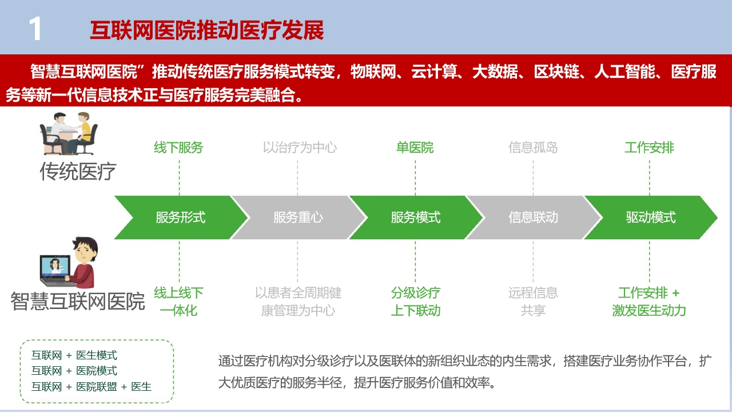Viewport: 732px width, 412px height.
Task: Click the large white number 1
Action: coord(35,29)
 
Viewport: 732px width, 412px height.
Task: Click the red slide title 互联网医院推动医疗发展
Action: coord(207,30)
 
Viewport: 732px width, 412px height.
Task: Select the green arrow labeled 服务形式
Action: coord(181,217)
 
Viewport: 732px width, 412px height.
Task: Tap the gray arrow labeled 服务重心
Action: coord(298,217)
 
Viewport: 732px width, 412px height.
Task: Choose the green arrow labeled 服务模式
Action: coord(416,217)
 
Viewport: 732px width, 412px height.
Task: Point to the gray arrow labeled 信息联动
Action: coord(534,217)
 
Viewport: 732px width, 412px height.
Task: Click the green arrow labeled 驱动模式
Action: coord(651,217)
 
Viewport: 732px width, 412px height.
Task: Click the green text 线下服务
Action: coord(179,148)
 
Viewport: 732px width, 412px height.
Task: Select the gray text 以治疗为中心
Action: coord(300,148)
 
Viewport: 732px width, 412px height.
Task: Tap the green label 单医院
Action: coord(415,148)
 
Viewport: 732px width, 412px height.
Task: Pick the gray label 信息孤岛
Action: coord(533,148)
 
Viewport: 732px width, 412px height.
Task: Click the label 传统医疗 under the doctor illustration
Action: coord(78,171)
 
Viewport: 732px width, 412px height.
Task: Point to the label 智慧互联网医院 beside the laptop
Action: coord(78,301)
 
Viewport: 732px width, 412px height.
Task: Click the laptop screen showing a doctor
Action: coord(55,266)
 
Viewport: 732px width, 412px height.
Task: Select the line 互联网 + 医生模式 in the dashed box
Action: coord(74,355)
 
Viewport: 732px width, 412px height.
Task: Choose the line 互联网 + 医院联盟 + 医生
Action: coord(91,386)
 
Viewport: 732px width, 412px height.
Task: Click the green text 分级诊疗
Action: coord(416,292)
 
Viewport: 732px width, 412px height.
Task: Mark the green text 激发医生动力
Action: coord(649,310)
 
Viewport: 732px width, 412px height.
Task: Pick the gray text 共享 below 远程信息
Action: coord(533,310)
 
